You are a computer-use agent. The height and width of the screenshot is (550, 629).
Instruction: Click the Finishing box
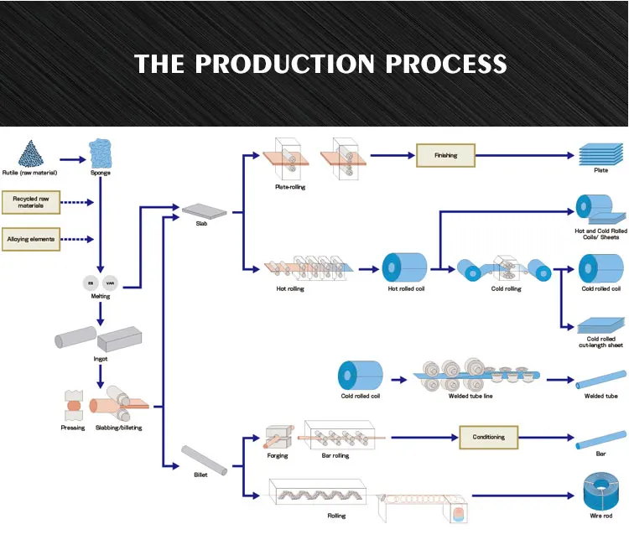(x=445, y=155)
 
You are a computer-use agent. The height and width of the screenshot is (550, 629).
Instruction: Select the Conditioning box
(x=489, y=437)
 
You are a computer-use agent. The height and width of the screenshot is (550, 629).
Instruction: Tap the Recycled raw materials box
(x=31, y=202)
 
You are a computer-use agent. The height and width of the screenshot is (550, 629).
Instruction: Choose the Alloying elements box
(x=31, y=239)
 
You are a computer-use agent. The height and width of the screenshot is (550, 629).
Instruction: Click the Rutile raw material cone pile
(x=30, y=153)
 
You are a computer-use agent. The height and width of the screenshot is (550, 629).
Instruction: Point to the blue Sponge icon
(x=101, y=153)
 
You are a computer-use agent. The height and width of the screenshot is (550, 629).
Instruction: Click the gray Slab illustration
(x=204, y=211)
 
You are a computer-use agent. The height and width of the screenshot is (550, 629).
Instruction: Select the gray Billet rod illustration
(x=204, y=459)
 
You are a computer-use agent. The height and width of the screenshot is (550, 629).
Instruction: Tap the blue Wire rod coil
(x=601, y=491)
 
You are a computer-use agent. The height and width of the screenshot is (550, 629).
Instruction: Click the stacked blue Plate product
(x=600, y=154)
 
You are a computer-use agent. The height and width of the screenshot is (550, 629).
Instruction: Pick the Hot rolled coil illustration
(x=404, y=267)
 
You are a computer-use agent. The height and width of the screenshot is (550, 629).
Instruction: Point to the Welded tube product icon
(x=600, y=380)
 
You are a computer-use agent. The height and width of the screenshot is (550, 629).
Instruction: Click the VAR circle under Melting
(x=110, y=283)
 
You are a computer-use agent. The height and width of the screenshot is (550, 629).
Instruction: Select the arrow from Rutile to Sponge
(x=73, y=159)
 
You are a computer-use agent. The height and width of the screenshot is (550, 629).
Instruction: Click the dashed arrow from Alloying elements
(x=77, y=240)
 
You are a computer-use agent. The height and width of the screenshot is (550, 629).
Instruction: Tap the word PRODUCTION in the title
(x=285, y=64)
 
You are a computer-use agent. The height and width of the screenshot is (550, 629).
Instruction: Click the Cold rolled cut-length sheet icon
(x=601, y=325)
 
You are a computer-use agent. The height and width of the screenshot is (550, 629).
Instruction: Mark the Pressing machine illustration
(x=74, y=405)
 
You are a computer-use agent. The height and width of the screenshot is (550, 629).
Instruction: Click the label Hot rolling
(x=290, y=288)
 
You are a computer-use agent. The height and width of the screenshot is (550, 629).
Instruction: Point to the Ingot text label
(x=101, y=359)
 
